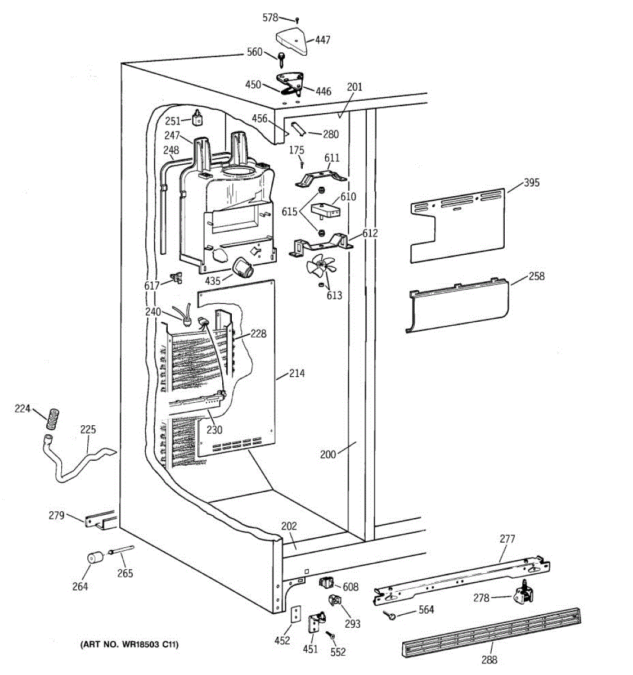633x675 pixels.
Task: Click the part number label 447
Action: pyautogui.click(x=323, y=40)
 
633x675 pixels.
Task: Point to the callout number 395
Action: pyautogui.click(x=531, y=182)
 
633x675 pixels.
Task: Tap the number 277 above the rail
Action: pyautogui.click(x=507, y=539)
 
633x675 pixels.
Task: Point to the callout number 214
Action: pyautogui.click(x=297, y=373)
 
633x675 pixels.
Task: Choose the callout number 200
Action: pyautogui.click(x=328, y=454)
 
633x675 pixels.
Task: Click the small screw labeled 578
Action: pyautogui.click(x=297, y=21)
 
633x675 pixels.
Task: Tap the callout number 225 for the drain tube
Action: pyautogui.click(x=88, y=430)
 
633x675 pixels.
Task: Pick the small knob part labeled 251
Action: pyautogui.click(x=197, y=117)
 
